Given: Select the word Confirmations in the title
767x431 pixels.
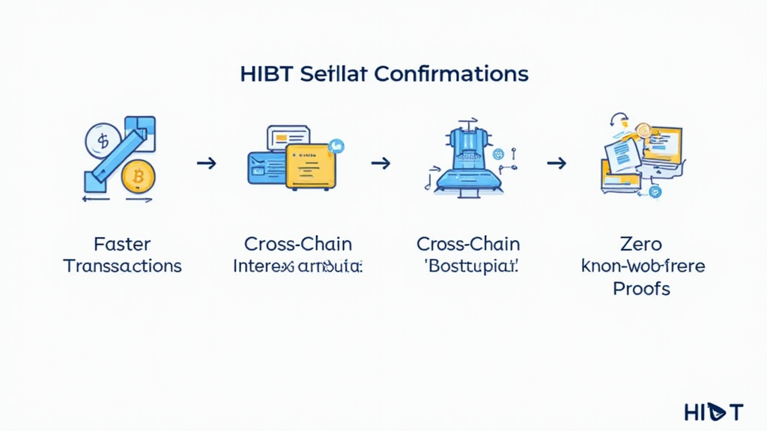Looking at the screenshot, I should [450, 75].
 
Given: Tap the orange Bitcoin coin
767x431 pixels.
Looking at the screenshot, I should [137, 177].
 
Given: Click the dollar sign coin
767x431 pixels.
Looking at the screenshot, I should [103, 140].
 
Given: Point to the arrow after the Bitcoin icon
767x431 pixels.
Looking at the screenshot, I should [206, 162].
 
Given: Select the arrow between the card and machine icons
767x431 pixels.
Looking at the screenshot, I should [381, 162].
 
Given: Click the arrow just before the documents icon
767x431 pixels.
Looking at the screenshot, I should [555, 162].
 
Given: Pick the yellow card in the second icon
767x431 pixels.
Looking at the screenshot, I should [311, 165].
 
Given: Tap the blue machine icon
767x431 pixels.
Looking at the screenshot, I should [462, 160].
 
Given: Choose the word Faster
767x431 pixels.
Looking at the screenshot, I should [122, 244].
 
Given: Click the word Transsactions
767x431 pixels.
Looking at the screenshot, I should [122, 266].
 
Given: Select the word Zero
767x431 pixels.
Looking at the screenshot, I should [641, 244].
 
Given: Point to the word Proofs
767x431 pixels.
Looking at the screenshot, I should [641, 288].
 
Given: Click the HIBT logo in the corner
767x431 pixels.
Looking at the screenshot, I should [713, 411].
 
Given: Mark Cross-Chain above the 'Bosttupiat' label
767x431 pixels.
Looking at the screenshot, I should [468, 244].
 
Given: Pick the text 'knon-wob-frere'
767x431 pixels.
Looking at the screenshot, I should [642, 266].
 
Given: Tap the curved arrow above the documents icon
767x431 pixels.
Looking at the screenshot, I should [618, 120].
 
